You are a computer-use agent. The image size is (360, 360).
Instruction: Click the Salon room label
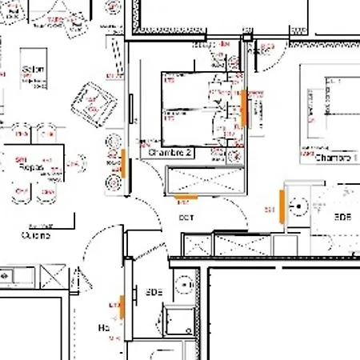click(x=33, y=69)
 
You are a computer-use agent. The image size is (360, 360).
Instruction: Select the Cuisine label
click(x=35, y=235)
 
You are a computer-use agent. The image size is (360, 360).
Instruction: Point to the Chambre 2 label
click(x=170, y=152)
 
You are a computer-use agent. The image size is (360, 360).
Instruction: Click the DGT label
click(x=186, y=218)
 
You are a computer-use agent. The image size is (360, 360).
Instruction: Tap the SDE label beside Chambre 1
click(x=342, y=217)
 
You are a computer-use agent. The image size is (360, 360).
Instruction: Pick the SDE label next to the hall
click(x=154, y=292)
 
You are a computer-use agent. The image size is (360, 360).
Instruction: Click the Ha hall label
click(x=103, y=328)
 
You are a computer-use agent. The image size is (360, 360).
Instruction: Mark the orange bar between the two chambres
click(x=242, y=107)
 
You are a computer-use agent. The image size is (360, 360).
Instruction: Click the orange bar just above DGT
click(x=186, y=196)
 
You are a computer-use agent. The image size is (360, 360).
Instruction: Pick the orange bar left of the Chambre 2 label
click(x=124, y=163)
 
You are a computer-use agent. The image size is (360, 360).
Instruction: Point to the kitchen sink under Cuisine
click(x=16, y=277)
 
